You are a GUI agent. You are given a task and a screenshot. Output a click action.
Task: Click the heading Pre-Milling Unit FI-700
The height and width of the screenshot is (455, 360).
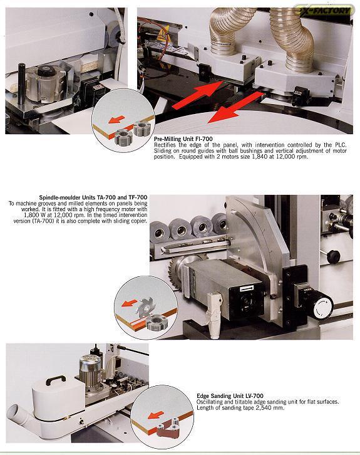pyautogui.click(x=183, y=139)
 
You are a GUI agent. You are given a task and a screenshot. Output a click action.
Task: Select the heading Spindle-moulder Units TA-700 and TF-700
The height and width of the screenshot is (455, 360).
pyautogui.click(x=93, y=197)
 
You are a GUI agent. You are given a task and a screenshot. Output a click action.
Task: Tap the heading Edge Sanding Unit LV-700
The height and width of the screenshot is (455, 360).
pyautogui.click(x=230, y=396)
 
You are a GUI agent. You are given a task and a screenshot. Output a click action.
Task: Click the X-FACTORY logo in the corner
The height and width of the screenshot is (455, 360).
pyautogui.click(x=325, y=11)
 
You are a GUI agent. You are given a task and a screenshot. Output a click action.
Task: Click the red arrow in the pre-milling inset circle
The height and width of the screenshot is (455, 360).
pyautogui.click(x=116, y=119)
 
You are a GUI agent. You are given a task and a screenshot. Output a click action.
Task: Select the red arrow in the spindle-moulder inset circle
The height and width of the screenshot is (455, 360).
pyautogui.click(x=129, y=303)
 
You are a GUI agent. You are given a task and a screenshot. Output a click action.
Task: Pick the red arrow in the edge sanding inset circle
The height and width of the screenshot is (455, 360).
pyautogui.click(x=156, y=415)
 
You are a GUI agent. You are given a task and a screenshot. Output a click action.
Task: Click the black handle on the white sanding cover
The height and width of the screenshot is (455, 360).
pyautogui.click(x=55, y=380)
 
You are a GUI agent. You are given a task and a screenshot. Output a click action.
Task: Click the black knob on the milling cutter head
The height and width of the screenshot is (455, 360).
pyautogui.click(x=46, y=71)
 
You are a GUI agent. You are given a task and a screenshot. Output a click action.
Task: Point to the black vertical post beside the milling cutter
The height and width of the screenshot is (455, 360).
pyautogui.click(x=22, y=84)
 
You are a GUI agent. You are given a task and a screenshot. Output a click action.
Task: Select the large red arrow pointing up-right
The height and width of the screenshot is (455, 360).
pyautogui.click(x=198, y=94)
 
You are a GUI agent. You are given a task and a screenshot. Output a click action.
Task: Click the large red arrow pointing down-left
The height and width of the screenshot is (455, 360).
pyautogui.click(x=236, y=107)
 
